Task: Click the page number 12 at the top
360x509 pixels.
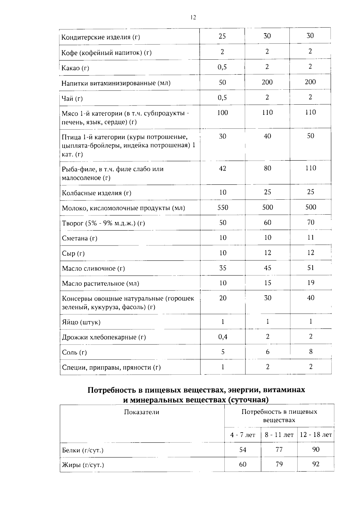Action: pyautogui.click(x=193, y=17)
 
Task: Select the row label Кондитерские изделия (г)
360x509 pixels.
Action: pyautogui.click(x=100, y=37)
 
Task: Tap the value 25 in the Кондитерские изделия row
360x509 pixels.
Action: pyautogui.click(x=222, y=36)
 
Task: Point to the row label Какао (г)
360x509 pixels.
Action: pyautogui.click(x=75, y=68)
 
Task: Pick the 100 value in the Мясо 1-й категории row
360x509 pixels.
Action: pyautogui.click(x=222, y=113)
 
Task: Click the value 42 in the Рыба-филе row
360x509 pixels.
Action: pyautogui.click(x=222, y=168)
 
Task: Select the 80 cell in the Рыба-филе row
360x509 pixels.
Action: pyautogui.click(x=267, y=168)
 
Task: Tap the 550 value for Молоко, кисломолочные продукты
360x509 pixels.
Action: pyautogui.click(x=223, y=207)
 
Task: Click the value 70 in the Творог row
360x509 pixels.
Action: pyautogui.click(x=310, y=222)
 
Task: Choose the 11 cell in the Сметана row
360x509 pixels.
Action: pyautogui.click(x=310, y=238)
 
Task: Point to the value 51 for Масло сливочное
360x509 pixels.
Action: pyautogui.click(x=310, y=268)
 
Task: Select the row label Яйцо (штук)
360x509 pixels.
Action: pyautogui.click(x=81, y=322)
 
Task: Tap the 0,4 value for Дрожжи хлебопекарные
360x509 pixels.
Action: pyautogui.click(x=223, y=337)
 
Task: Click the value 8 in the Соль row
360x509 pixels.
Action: pyautogui.click(x=310, y=352)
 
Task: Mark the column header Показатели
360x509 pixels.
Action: pyautogui.click(x=142, y=412)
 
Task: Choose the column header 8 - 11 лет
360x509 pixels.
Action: pyautogui.click(x=279, y=435)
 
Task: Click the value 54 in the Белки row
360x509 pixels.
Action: pyautogui.click(x=242, y=450)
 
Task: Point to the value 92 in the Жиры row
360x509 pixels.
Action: pyautogui.click(x=316, y=464)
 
